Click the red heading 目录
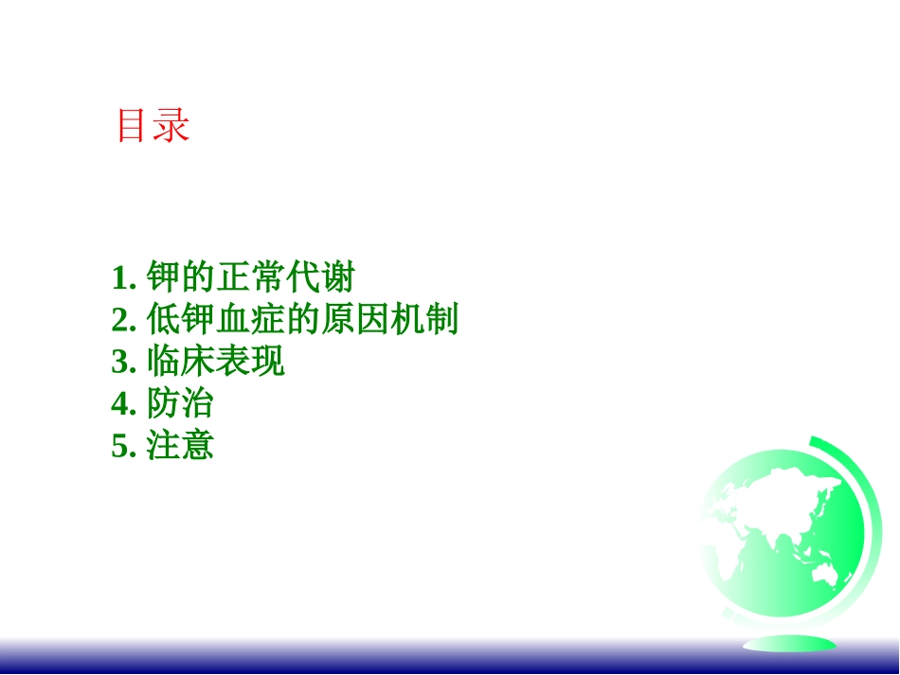click(x=153, y=125)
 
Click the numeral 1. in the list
click(x=123, y=278)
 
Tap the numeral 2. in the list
click(x=123, y=320)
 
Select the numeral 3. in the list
click(x=123, y=362)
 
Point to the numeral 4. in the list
click(x=123, y=403)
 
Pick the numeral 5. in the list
click(x=123, y=446)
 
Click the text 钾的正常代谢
click(x=251, y=277)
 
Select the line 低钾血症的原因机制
click(x=302, y=319)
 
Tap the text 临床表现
click(x=216, y=361)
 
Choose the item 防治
click(x=180, y=402)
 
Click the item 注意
click(x=180, y=444)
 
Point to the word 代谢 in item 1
click(x=321, y=277)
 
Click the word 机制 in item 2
click(x=424, y=319)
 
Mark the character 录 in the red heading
click(x=171, y=125)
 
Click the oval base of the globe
click(x=790, y=644)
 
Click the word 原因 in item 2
click(x=354, y=319)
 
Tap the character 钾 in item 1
click(x=164, y=277)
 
